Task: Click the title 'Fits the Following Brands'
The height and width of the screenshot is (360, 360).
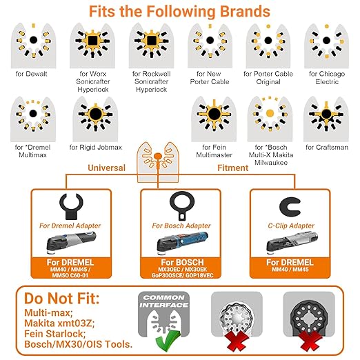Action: [x=179, y=12]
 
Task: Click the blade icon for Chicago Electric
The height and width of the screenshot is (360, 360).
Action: [x=327, y=43]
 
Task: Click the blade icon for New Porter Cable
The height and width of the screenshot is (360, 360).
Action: [x=209, y=43]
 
